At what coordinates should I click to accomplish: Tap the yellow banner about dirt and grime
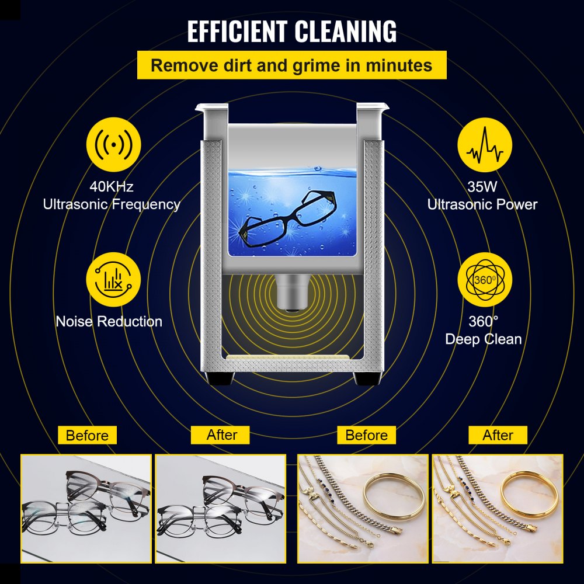tap(291, 65)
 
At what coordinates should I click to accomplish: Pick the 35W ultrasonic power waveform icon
tap(484, 150)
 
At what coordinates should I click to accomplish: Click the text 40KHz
tap(112, 187)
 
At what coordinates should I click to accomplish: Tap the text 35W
tap(482, 187)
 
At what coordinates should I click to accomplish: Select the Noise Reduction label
tap(109, 321)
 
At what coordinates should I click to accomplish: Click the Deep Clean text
tap(484, 339)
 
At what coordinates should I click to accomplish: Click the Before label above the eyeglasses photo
tap(87, 435)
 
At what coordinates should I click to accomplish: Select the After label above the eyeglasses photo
tap(222, 435)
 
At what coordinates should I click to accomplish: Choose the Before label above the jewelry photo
tap(366, 435)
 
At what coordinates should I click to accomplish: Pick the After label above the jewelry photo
tap(498, 435)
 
